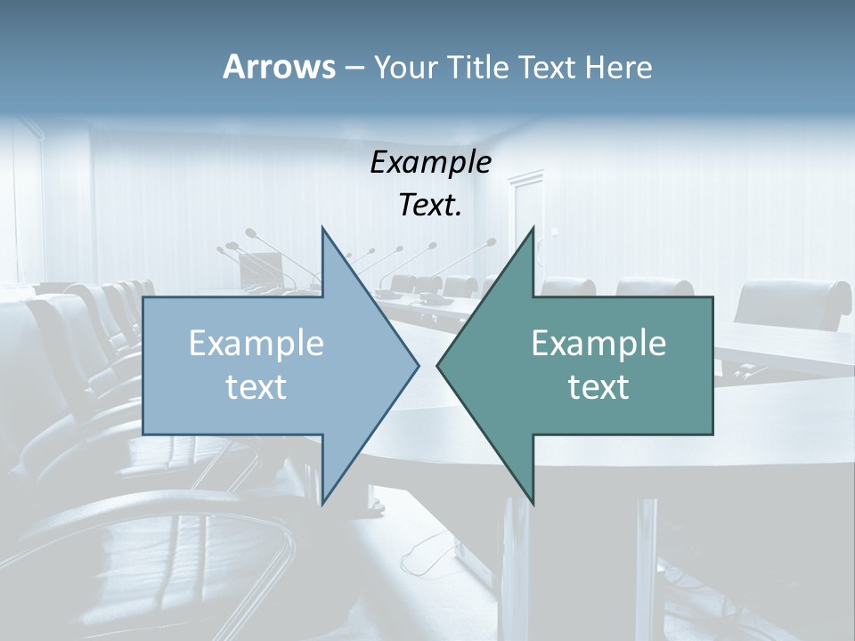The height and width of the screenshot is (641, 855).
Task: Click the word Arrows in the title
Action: (278, 67)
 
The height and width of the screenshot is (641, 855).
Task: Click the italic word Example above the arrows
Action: (431, 162)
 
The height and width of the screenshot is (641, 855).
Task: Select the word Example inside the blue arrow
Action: (256, 343)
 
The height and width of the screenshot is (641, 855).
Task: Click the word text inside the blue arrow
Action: (256, 386)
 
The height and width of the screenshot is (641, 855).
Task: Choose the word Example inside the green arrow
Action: (598, 343)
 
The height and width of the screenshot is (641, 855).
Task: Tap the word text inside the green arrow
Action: (598, 386)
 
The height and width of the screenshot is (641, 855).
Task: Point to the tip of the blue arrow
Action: (418, 365)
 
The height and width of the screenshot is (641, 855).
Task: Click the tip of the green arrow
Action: (437, 365)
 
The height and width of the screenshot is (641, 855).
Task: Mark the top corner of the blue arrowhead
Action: (322, 228)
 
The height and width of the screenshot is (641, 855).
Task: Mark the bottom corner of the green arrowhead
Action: (533, 503)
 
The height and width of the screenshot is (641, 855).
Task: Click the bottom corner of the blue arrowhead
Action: (322, 503)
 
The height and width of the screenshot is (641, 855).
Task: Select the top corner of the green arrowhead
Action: (533, 228)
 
